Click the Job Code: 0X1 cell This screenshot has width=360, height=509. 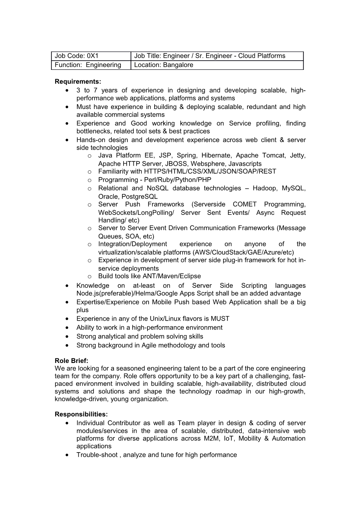(x=91, y=56)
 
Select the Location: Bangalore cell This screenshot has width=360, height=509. (x=217, y=65)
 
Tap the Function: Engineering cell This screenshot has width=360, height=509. (x=91, y=65)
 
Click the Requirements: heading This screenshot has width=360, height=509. (x=78, y=82)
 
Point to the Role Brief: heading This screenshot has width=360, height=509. (x=71, y=360)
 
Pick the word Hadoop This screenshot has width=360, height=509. (x=264, y=188)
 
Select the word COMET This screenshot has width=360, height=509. (x=245, y=205)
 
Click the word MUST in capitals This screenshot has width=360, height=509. (x=220, y=319)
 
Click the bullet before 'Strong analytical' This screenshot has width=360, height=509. (x=67, y=337)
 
